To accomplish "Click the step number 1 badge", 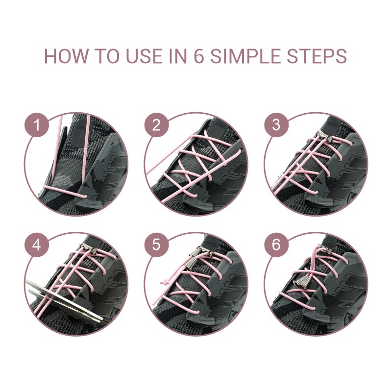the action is pos(36,125).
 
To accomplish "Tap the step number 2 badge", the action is pos(156,125).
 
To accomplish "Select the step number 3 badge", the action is pos(276,125).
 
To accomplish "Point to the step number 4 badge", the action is pos(36,245).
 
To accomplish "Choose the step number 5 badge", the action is pos(156,245).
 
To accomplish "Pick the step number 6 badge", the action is pos(276,245).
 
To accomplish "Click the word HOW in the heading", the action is pos(66,56).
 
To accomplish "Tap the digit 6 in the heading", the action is pos(199,56).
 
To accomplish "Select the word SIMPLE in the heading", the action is pos(246,56).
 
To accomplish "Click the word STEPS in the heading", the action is pos(317,56).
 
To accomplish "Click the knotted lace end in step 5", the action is pos(165,283).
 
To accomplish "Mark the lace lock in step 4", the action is pos(88,249).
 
